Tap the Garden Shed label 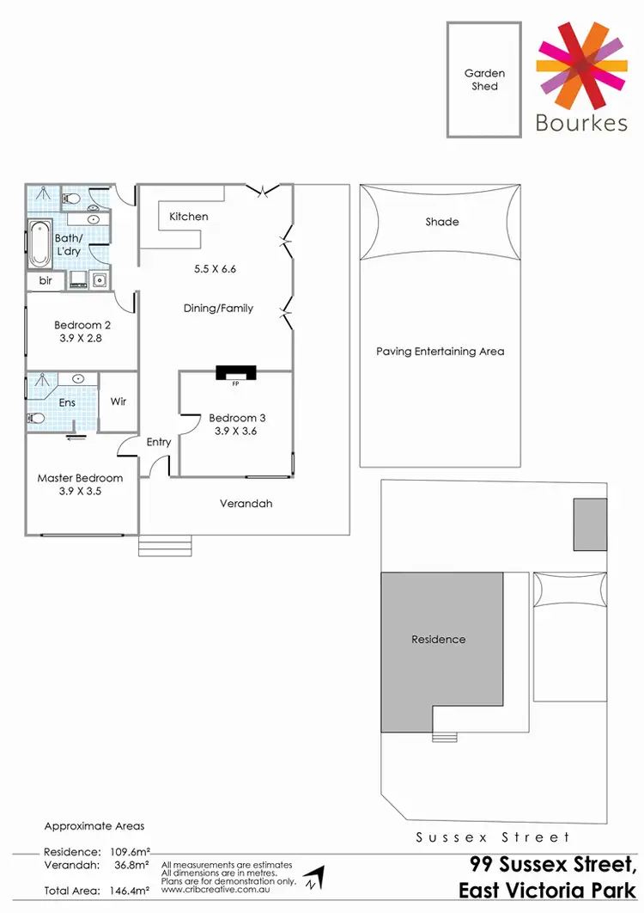click(484, 80)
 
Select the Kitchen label click(188, 217)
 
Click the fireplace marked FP click(235, 373)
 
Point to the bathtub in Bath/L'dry click(39, 244)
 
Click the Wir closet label click(118, 401)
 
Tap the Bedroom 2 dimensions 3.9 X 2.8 click(82, 340)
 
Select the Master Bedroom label click(80, 478)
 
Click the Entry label click(159, 442)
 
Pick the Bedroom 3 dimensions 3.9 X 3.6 click(237, 432)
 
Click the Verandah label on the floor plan click(246, 503)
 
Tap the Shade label click(442, 222)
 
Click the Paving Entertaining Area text click(440, 351)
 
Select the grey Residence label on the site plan click(438, 639)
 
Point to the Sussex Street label click(492, 836)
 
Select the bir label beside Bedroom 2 click(45, 280)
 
